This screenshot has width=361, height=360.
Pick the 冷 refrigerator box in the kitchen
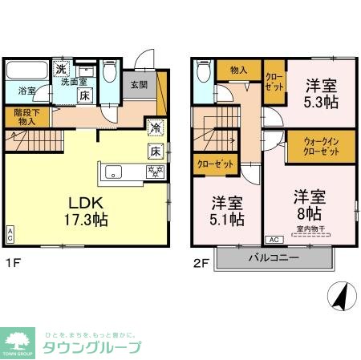(154, 127)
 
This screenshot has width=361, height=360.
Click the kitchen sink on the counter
(113, 171)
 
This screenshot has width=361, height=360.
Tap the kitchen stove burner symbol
(153, 171)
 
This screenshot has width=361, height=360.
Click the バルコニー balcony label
(273, 258)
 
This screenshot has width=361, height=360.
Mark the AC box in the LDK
(10, 235)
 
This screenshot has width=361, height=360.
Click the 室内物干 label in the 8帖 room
(310, 229)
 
